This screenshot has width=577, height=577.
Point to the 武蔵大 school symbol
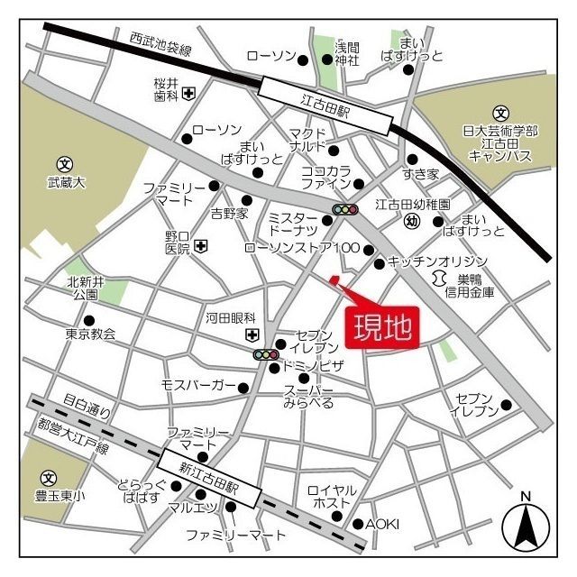[64, 164]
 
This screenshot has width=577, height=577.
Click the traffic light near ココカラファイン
[345, 210]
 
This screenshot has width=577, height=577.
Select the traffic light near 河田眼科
[265, 355]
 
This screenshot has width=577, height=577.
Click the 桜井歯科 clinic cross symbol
[188, 93]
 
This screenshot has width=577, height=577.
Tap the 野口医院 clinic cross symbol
[200, 244]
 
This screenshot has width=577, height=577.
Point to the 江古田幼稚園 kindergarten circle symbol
[412, 221]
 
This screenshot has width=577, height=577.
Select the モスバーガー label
[198, 386]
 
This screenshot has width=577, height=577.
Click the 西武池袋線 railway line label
[160, 44]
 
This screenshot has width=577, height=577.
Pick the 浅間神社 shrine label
[347, 53]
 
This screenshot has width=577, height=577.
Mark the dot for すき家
[412, 159]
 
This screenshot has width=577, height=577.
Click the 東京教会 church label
[90, 334]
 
